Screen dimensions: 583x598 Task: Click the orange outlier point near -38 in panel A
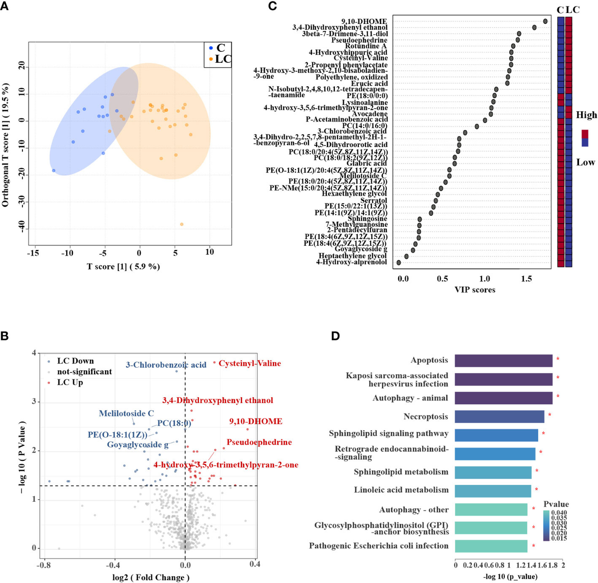coord(181,224)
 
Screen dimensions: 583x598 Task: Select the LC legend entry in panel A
coord(219,59)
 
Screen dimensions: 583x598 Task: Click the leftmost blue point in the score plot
coord(54,170)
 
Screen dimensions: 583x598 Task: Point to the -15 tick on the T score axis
coord(33,252)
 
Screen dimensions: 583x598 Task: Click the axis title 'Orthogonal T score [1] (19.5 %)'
coord(6,145)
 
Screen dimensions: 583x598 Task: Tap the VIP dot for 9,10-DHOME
coord(545,21)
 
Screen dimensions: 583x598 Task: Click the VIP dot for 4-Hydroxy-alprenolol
coord(399,262)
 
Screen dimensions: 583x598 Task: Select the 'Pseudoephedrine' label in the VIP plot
coord(359,40)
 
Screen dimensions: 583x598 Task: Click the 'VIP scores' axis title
coord(474,290)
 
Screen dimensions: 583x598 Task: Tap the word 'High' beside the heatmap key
coord(586,115)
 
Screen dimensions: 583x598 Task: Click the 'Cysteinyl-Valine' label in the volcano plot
coord(250,364)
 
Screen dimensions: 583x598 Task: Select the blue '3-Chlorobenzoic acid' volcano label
coord(165,365)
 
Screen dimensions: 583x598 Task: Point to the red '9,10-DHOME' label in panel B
coord(255,421)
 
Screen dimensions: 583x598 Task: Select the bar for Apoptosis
coord(503,360)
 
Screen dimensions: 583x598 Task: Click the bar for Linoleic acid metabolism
coord(493,490)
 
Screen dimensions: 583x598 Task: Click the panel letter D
coord(335,336)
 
